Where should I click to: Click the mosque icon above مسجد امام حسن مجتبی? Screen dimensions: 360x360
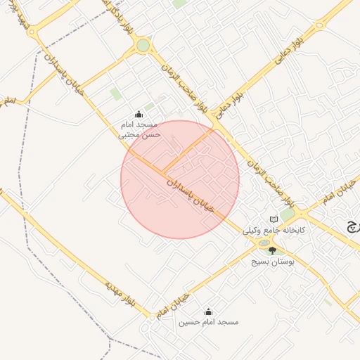(139, 115)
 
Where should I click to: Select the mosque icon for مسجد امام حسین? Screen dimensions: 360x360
(207, 311)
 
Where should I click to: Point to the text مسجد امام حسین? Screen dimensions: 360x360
(208, 322)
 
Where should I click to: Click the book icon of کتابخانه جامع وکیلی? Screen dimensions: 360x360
(274, 220)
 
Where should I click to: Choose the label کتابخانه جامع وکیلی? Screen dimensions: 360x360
(274, 230)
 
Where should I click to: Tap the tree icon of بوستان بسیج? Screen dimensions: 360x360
(272, 250)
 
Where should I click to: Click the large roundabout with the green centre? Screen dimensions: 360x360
(143, 46)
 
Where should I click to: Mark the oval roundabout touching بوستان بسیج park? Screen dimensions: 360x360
(264, 243)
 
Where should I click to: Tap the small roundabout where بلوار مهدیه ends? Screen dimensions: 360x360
(151, 318)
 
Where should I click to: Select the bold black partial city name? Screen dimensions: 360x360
(351, 226)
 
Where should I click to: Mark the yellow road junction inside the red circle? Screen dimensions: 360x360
(165, 173)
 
